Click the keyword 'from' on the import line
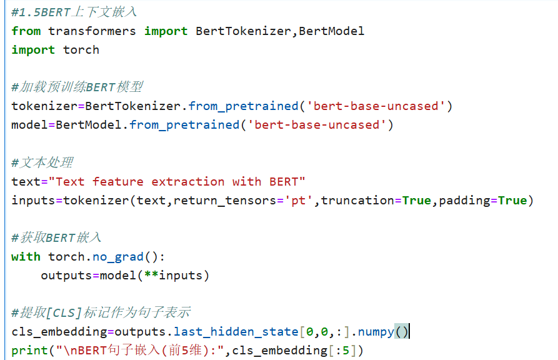pos(26,31)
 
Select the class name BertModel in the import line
pos(331,31)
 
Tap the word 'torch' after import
pos(81,49)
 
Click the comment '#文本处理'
pos(42,162)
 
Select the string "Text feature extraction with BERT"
pos(177,181)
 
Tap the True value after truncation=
pos(416,200)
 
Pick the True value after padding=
pos(512,200)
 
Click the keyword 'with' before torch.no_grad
pos(26,256)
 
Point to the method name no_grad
pos(118,256)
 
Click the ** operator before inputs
pos(151,275)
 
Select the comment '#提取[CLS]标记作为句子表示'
pos(101,312)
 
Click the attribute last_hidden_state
pos(236,331)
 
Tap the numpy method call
pos(375,331)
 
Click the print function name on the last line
pos(29,350)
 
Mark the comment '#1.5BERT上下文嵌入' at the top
pos(74,12)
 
